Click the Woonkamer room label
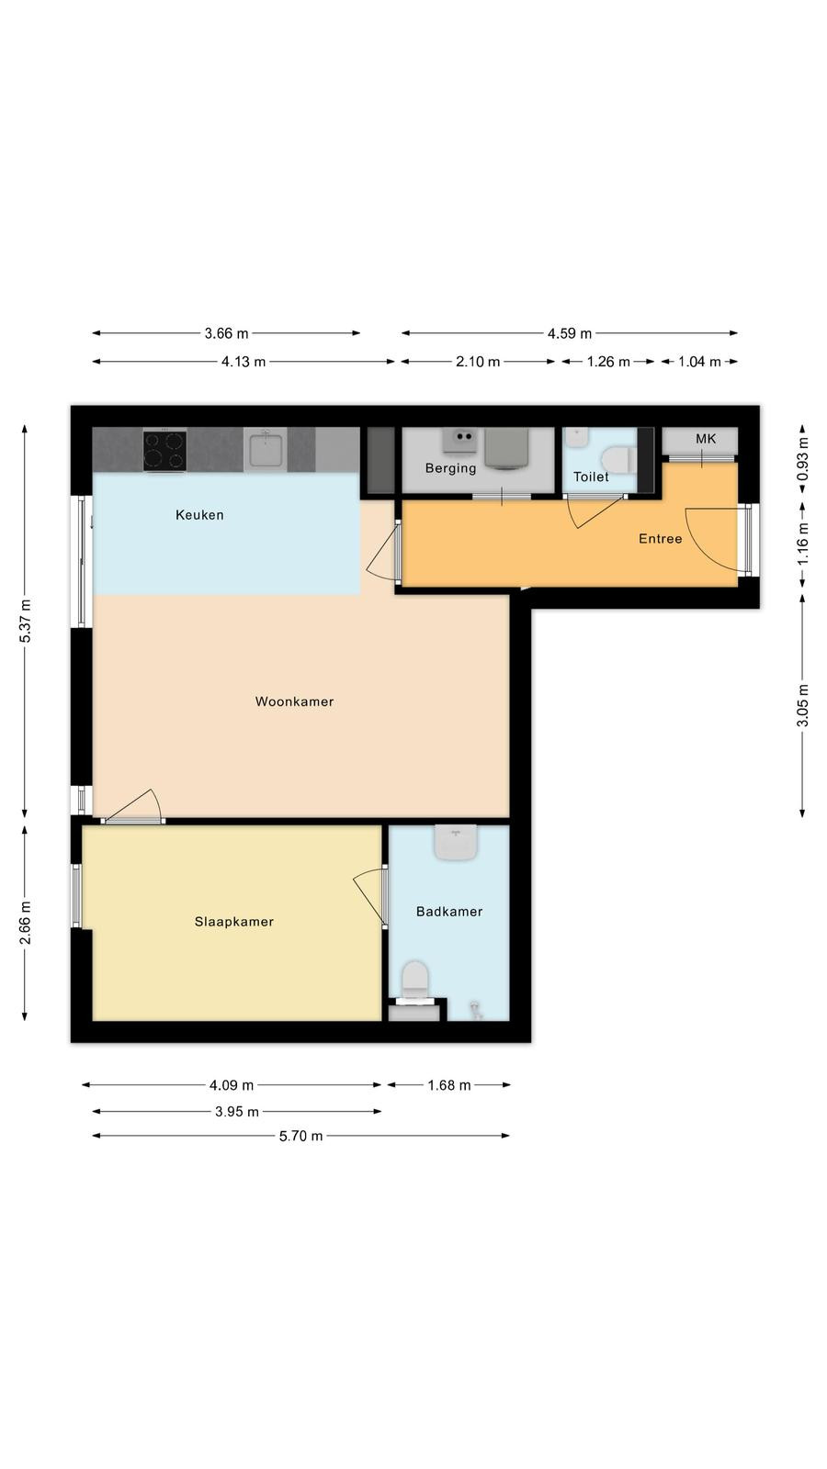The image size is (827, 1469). pos(294,701)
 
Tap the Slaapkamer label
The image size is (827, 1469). pos(233,922)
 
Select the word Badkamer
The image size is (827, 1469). pos(449,911)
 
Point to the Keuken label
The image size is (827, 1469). pos(199,515)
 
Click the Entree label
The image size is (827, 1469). pos(661,538)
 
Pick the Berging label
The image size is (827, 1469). pos(450,467)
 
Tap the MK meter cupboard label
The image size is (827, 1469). pos(706,439)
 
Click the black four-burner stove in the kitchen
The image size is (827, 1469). pos(164,451)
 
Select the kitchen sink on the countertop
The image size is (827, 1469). pos(266,450)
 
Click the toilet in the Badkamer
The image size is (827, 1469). pos(414,981)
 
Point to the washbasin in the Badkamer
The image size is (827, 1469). pos(456,842)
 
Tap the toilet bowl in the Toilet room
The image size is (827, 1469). pos(618,459)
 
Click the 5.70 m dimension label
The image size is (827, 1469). pos(300,1135)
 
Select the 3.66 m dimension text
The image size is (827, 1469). pos(226,333)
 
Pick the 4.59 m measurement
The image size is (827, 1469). pos(570,333)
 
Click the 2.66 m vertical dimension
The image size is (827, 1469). pos(25,923)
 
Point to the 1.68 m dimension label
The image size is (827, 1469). pos(449,1084)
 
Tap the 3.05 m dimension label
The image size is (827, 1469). pos(802,705)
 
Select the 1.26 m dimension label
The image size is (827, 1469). pos(607,362)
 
